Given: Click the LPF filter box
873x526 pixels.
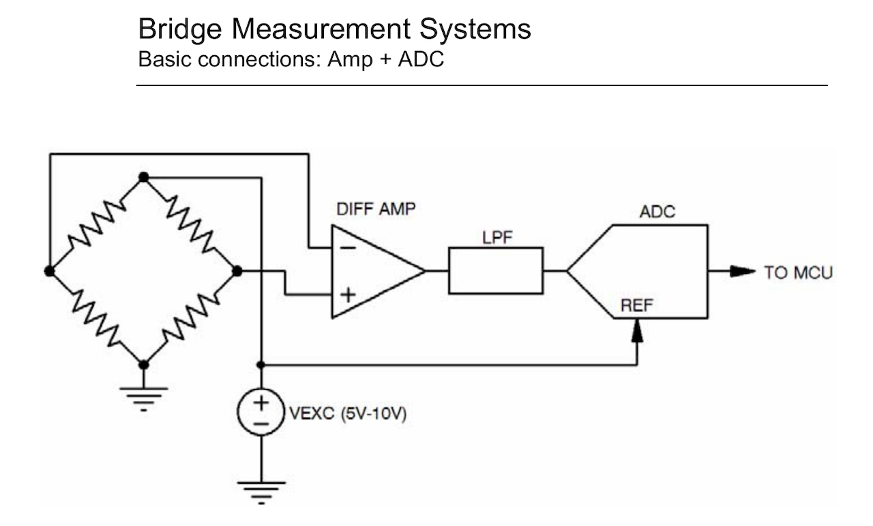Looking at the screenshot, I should pyautogui.click(x=495, y=270).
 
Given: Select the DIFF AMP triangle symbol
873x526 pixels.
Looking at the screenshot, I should pyautogui.click(x=372, y=270).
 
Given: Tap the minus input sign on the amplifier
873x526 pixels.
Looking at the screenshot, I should pyautogui.click(x=348, y=247).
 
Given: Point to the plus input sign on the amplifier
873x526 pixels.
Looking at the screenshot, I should pyautogui.click(x=348, y=295).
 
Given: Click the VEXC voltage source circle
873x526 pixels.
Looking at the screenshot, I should pyautogui.click(x=261, y=412).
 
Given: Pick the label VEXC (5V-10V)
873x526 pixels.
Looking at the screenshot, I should pyautogui.click(x=348, y=413).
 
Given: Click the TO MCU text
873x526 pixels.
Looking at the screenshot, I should pyautogui.click(x=798, y=273).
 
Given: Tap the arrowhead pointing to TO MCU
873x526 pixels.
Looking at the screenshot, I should pyautogui.click(x=743, y=271).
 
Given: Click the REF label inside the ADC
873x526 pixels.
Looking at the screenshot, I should pyautogui.click(x=636, y=306).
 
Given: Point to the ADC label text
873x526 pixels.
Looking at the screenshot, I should pyautogui.click(x=657, y=212).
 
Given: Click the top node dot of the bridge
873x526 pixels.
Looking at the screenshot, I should pyautogui.click(x=143, y=177).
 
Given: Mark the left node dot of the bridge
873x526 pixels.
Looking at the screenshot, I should pyautogui.click(x=49, y=270).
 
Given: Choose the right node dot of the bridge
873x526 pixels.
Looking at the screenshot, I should pyautogui.click(x=237, y=270).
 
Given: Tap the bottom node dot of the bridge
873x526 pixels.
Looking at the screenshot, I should pyautogui.click(x=143, y=364).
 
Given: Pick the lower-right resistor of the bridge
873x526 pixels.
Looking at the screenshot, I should pyautogui.click(x=190, y=318).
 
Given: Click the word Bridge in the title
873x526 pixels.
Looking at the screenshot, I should pyautogui.click(x=179, y=29).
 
